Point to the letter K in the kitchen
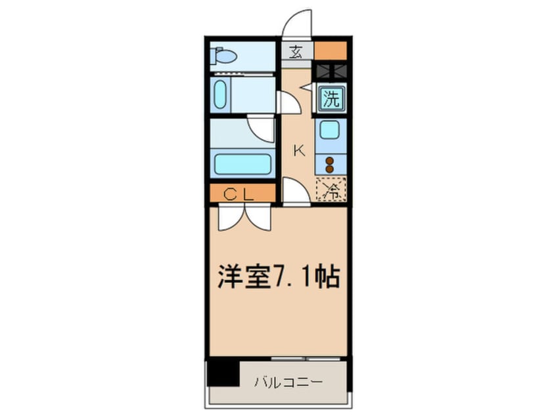point(298,151)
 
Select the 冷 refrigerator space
point(331,191)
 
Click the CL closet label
point(241,194)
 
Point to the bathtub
point(241,163)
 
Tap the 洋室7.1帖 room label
point(279,277)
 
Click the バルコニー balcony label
point(289,381)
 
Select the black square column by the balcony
point(222,374)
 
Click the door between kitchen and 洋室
point(294,192)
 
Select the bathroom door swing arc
point(262,129)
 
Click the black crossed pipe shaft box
point(331,72)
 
